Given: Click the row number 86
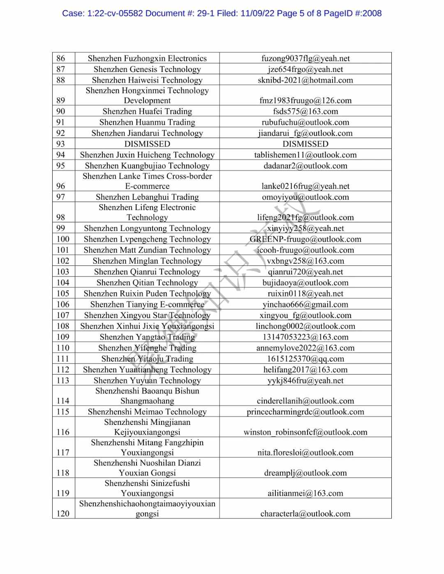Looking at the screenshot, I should [61, 58].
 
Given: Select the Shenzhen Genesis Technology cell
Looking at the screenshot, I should [147, 69].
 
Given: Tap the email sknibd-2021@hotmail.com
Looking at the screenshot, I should [305, 80].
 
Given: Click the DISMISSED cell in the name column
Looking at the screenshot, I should [147, 144].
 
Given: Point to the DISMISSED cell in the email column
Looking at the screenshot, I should [305, 144].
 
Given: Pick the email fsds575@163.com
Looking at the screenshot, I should [305, 111].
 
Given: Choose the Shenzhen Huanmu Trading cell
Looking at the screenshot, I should [147, 122].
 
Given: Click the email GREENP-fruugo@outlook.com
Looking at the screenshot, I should [305, 239].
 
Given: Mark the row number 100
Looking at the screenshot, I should [63, 239].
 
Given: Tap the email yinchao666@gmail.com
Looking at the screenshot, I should [305, 304].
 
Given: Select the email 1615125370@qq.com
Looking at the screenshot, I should [305, 359].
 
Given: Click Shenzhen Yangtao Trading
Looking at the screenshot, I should [147, 337].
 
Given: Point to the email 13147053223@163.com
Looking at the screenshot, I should [305, 337].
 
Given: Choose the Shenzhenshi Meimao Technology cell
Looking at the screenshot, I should [147, 412].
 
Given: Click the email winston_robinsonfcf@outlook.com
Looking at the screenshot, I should [305, 432].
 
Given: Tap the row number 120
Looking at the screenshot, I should [63, 514].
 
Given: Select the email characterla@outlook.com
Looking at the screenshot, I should [305, 514].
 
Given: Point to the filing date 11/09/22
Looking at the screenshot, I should [257, 13].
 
